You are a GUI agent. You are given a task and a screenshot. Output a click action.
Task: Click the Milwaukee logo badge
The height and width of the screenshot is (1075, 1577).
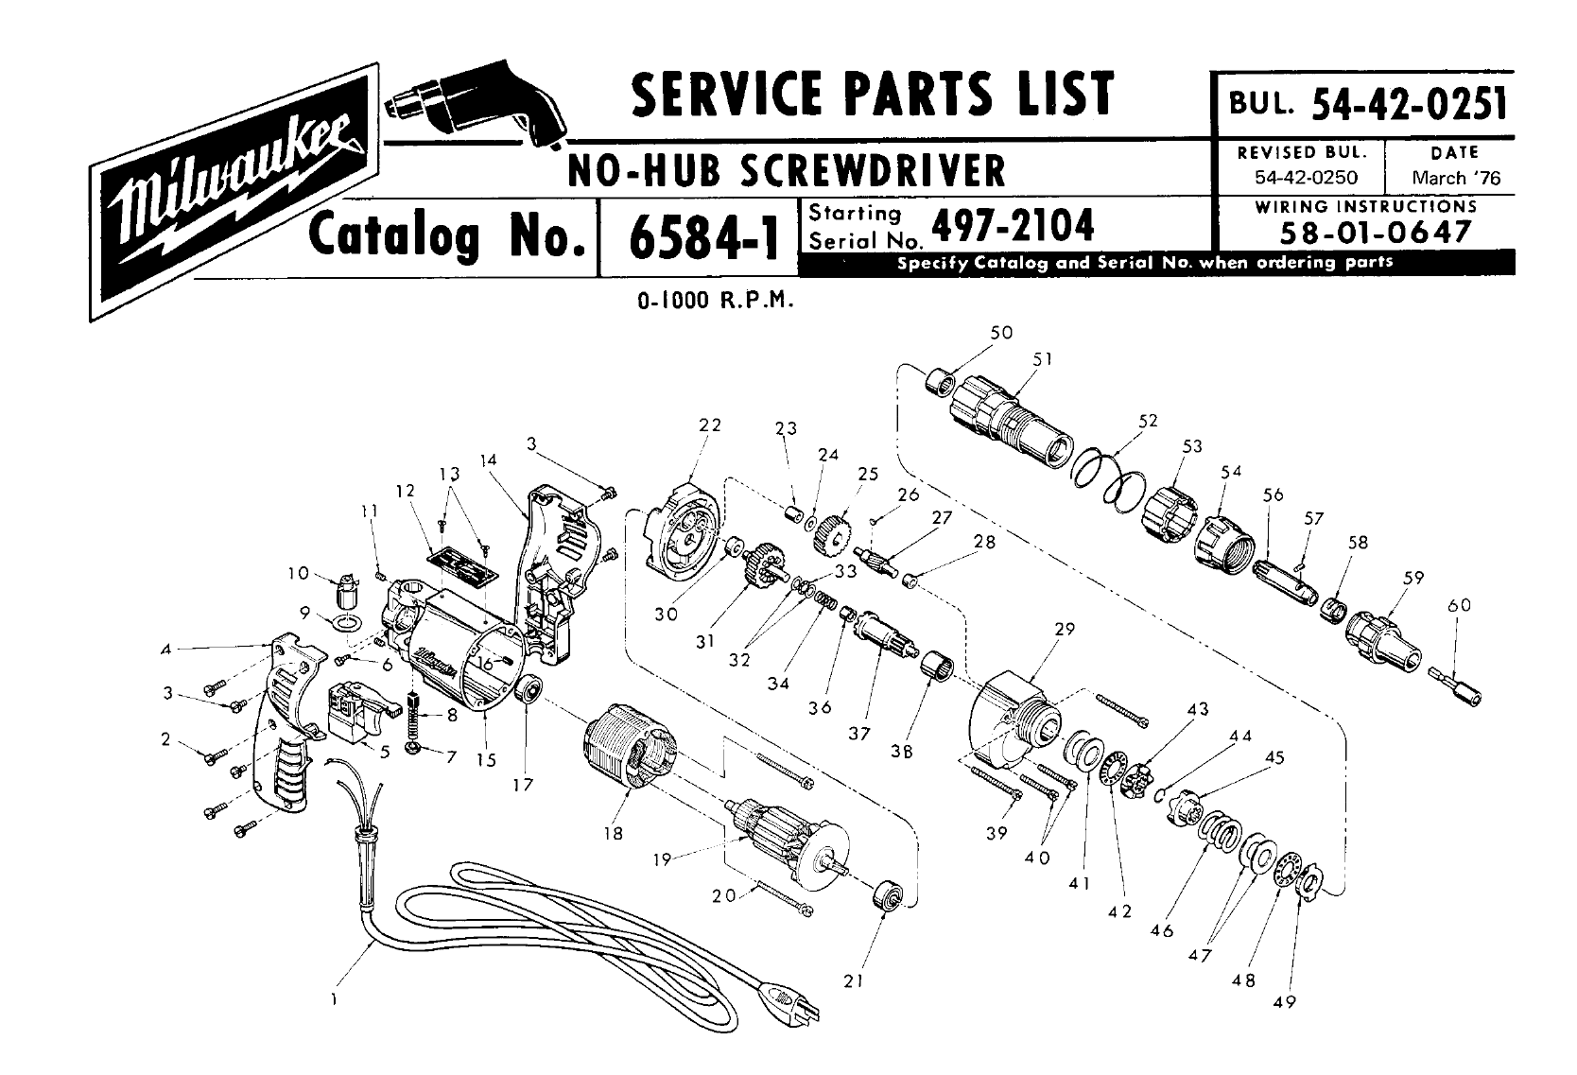[x=234, y=192]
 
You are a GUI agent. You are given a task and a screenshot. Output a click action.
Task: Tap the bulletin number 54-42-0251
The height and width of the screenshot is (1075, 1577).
[x=1409, y=104]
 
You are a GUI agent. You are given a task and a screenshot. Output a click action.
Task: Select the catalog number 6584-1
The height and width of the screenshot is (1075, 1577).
[x=703, y=237]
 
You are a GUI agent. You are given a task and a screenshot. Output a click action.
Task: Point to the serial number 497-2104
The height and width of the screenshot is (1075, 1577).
[x=1013, y=225]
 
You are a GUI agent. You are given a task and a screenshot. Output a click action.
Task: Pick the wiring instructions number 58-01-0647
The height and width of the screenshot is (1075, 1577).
[x=1375, y=232]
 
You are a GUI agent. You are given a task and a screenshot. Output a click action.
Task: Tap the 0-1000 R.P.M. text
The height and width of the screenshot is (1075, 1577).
[x=716, y=301]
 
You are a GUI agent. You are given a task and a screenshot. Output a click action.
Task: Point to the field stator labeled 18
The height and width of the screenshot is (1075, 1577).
[x=630, y=745]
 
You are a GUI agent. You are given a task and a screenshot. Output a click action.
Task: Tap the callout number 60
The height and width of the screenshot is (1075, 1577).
[x=1459, y=605]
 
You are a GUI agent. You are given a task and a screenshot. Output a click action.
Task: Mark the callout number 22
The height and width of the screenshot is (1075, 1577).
[x=710, y=425]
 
